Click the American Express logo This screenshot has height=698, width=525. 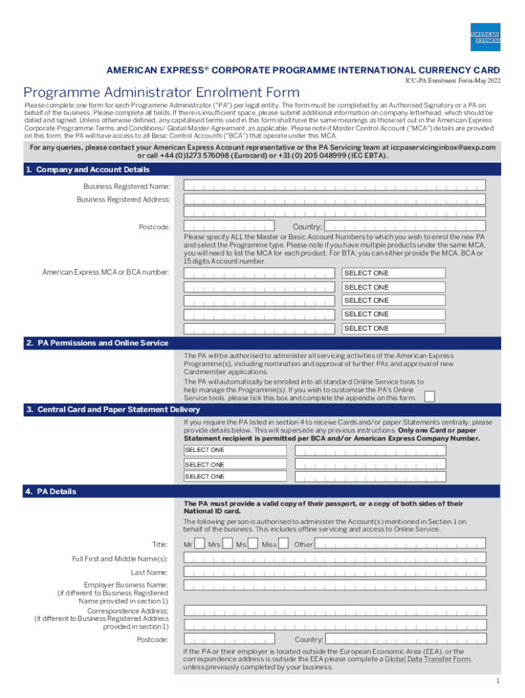click(485, 37)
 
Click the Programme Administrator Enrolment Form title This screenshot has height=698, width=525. click(161, 92)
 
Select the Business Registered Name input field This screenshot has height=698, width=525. click(335, 185)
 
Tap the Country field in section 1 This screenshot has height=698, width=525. click(405, 226)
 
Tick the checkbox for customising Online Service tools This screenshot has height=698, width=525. click(430, 397)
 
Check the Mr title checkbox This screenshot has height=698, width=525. click(199, 544)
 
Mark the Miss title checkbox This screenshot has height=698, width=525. click(283, 544)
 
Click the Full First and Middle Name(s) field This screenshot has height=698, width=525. click(335, 559)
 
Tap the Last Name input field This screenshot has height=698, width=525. click(335, 573)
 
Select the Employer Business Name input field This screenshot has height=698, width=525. click(335, 586)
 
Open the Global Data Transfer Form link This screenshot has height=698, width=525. click(428, 659)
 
